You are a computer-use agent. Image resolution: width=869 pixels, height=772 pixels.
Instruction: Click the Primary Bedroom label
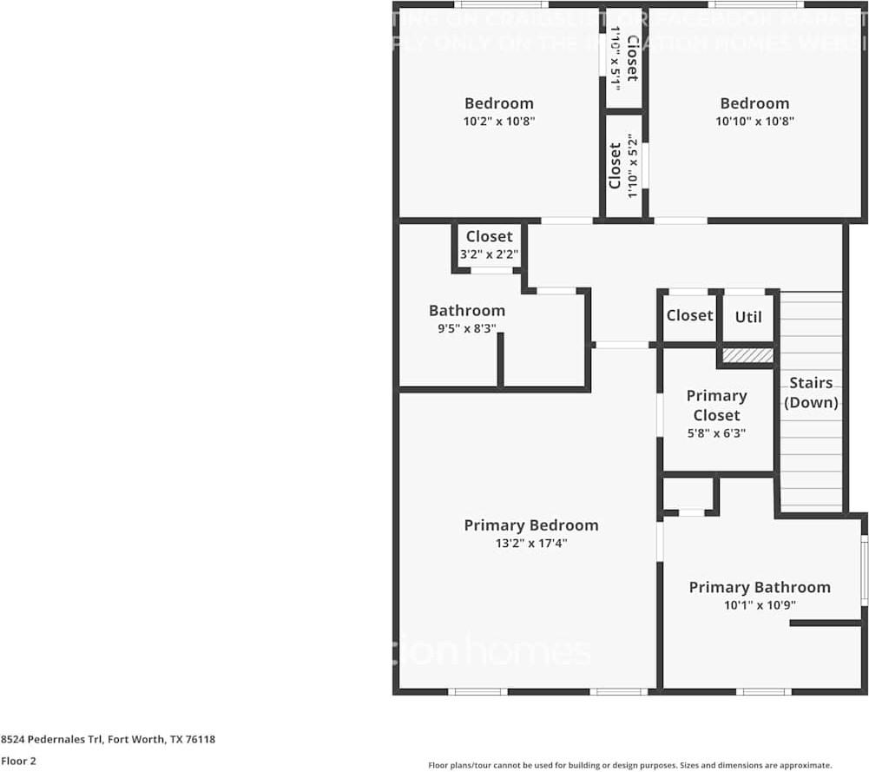(530, 525)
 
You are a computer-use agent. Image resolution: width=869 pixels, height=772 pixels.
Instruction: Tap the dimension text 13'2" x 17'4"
(530, 544)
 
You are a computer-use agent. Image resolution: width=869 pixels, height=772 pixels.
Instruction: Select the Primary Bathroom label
(760, 588)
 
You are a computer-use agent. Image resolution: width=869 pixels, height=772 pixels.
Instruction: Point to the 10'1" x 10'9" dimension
(760, 606)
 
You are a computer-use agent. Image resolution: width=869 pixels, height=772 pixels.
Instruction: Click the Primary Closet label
(716, 405)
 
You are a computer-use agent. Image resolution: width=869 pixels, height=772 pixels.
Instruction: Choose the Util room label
(748, 317)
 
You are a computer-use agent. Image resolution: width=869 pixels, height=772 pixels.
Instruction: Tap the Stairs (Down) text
(811, 393)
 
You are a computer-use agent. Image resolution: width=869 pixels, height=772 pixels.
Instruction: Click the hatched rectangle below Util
(747, 355)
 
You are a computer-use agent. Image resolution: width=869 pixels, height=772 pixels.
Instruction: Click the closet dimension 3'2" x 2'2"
(489, 254)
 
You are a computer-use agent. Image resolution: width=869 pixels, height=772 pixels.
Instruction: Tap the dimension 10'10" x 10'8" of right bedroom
(754, 122)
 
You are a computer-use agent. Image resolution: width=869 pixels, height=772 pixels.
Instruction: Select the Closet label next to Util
(689, 316)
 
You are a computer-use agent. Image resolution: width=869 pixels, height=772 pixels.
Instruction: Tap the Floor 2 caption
(19, 761)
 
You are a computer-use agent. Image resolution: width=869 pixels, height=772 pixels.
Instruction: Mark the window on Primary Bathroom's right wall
(864, 571)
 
